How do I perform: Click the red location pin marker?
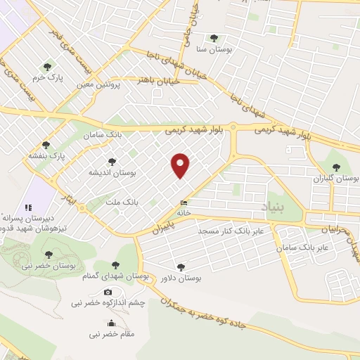(x=181, y=165)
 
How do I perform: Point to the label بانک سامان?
(x=103, y=134)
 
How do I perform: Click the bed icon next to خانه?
(x=184, y=203)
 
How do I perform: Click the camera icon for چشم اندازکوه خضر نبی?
(x=108, y=292)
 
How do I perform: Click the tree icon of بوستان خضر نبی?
(x=49, y=255)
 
